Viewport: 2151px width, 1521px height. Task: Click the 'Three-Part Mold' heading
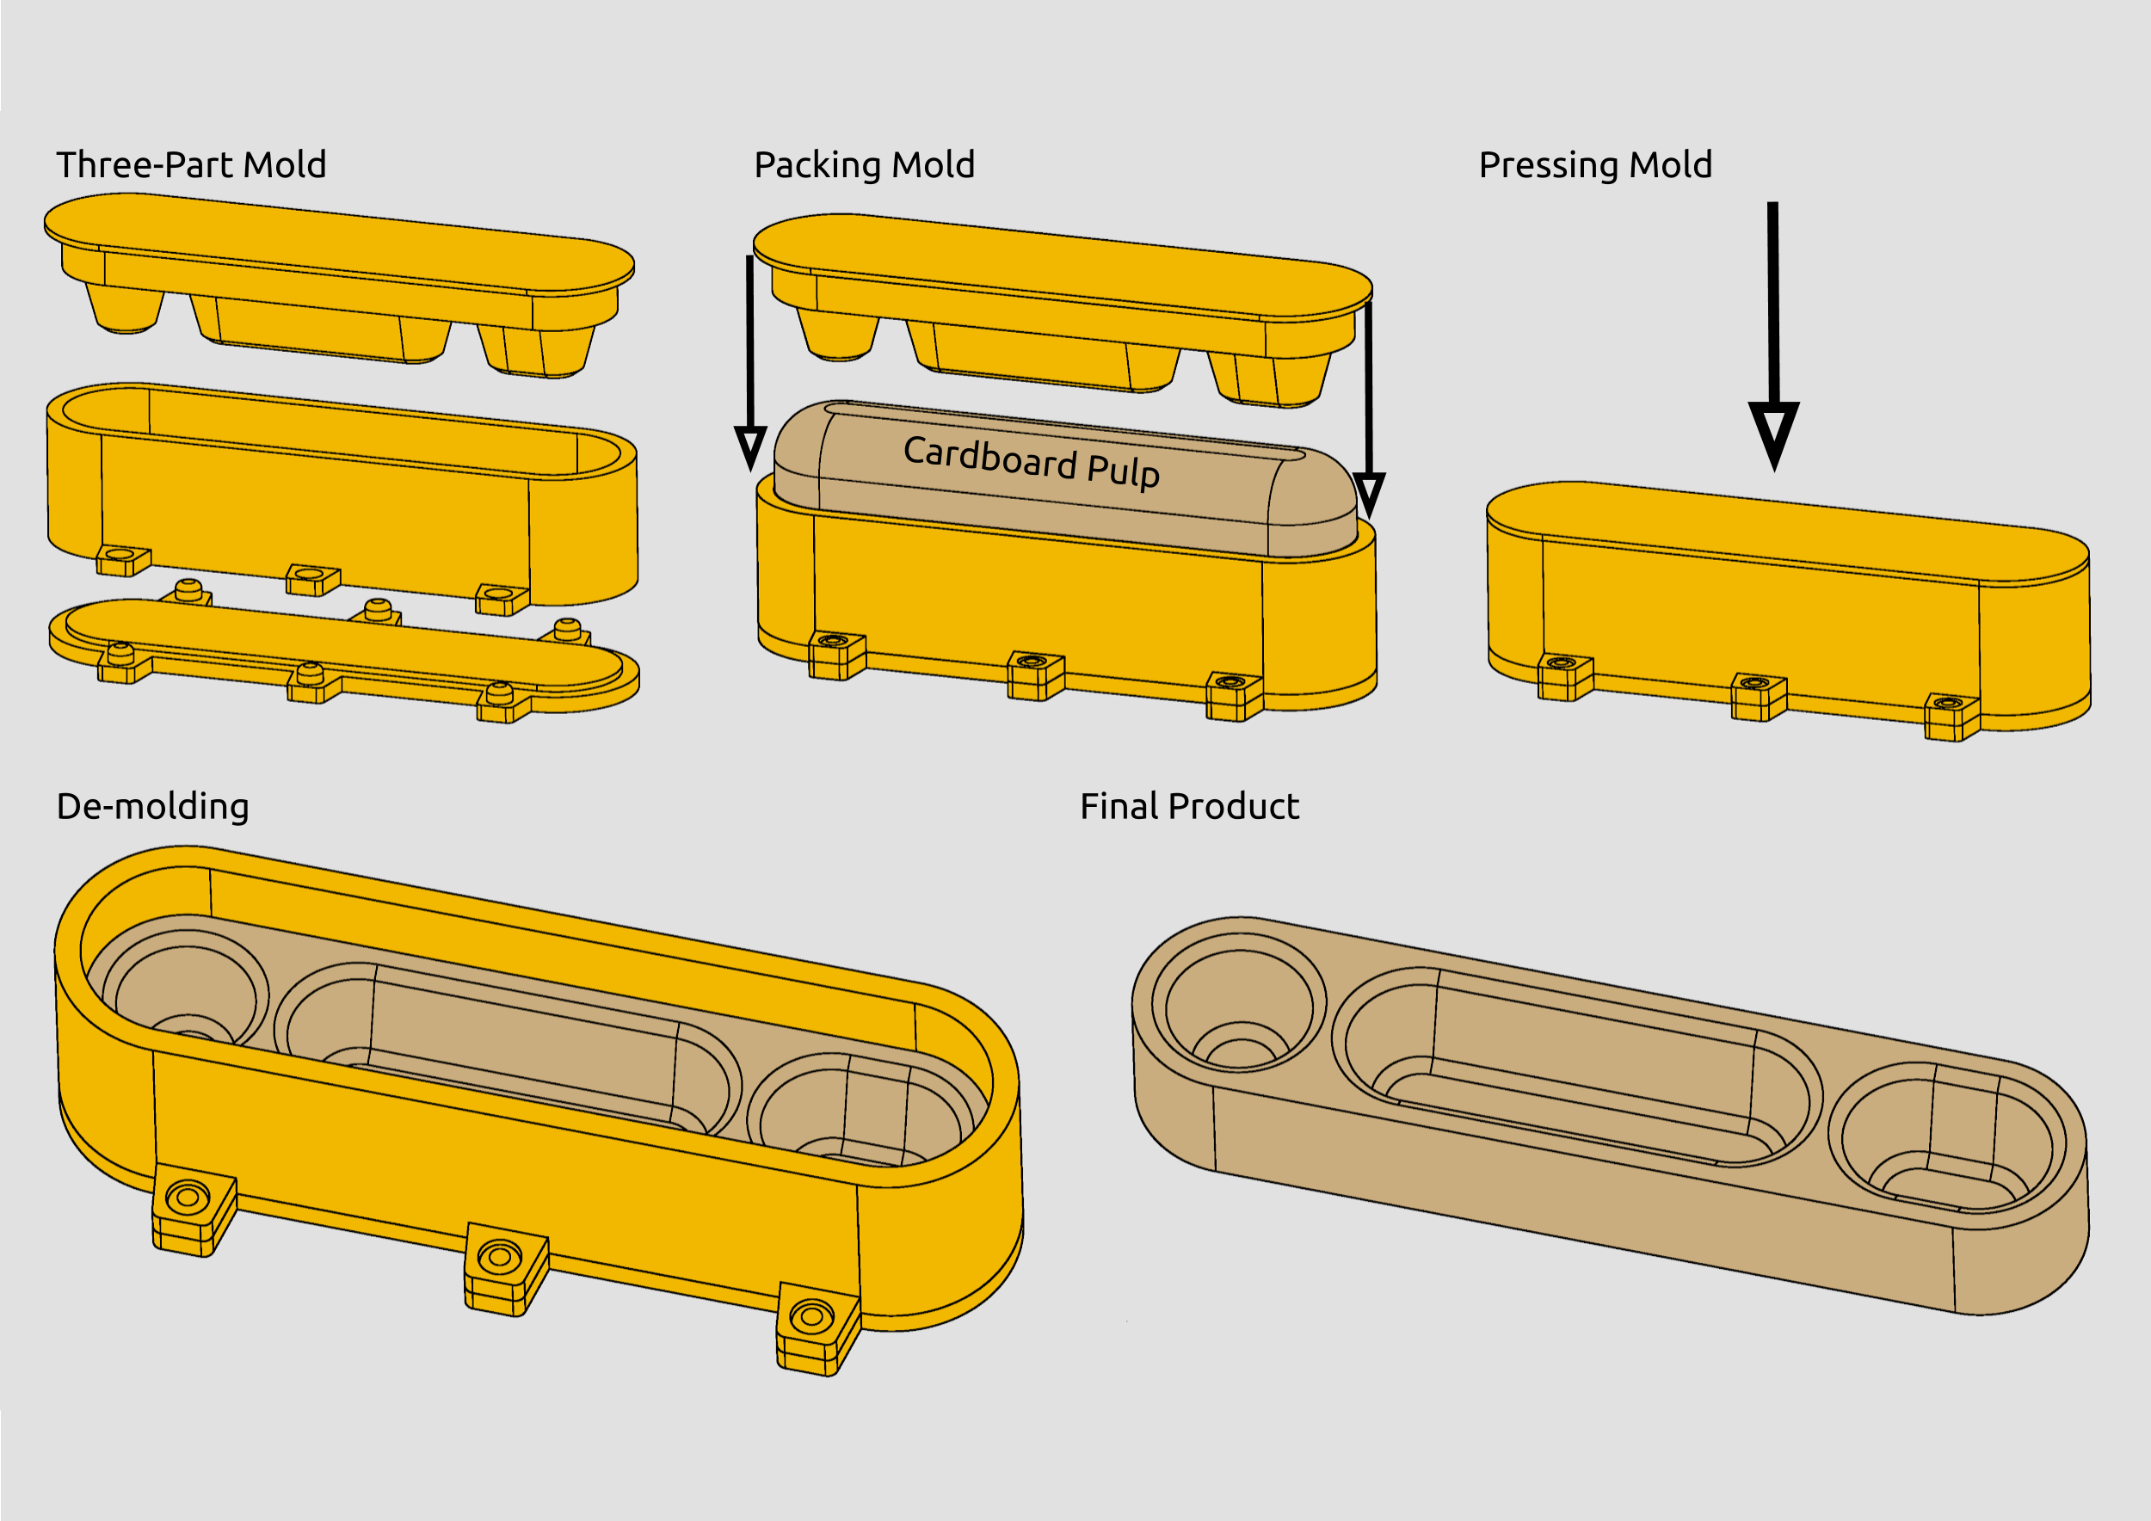pos(191,165)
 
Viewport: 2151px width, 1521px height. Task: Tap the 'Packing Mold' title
pos(864,165)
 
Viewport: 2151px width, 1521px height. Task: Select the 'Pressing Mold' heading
pos(1594,165)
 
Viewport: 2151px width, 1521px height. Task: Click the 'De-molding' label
pos(152,806)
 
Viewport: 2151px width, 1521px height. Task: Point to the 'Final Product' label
pos(1189,806)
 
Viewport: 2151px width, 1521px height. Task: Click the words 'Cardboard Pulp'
pos(1031,462)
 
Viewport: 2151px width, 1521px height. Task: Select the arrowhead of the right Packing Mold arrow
pos(1369,493)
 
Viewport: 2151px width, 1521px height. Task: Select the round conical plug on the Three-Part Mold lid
pos(126,308)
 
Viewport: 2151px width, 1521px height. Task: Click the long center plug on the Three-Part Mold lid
pos(318,329)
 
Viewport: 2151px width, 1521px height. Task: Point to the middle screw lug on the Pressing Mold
pos(1758,696)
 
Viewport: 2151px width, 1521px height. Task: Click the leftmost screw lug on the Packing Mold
pos(835,655)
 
